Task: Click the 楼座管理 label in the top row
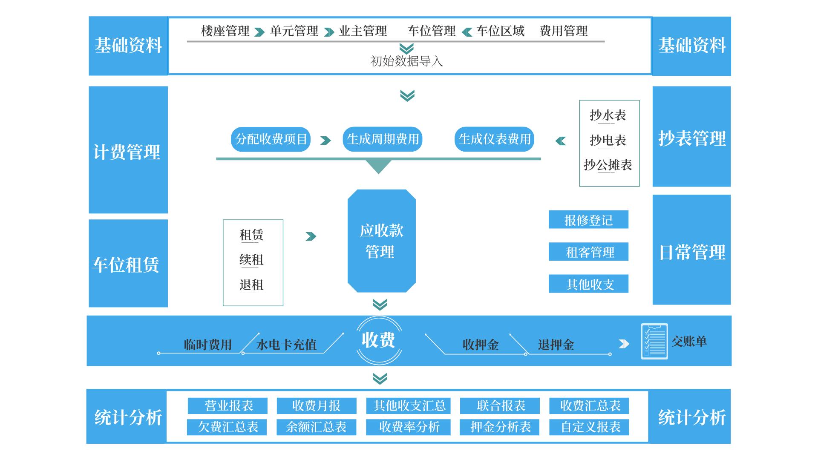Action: pyautogui.click(x=225, y=31)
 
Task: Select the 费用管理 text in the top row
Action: pyautogui.click(x=563, y=31)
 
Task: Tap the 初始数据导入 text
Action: pyautogui.click(x=406, y=61)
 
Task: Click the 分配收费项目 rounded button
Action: pyautogui.click(x=271, y=139)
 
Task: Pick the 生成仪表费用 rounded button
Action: pyautogui.click(x=494, y=139)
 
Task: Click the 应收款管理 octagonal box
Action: pyautogui.click(x=381, y=241)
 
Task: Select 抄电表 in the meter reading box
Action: pyautogui.click(x=608, y=140)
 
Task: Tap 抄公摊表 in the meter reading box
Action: pyautogui.click(x=608, y=165)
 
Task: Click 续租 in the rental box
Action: pyautogui.click(x=251, y=260)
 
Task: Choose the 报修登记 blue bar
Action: pyautogui.click(x=588, y=220)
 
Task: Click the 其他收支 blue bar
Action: pyautogui.click(x=588, y=284)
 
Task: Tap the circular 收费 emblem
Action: pyautogui.click(x=379, y=340)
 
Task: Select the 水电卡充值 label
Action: pyautogui.click(x=286, y=345)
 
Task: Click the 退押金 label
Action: pyautogui.click(x=556, y=345)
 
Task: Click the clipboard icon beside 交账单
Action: pyautogui.click(x=654, y=342)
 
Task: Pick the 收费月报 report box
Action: pyautogui.click(x=316, y=406)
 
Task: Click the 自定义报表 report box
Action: pyautogui.click(x=590, y=427)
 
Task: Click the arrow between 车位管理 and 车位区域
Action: pyautogui.click(x=467, y=32)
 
